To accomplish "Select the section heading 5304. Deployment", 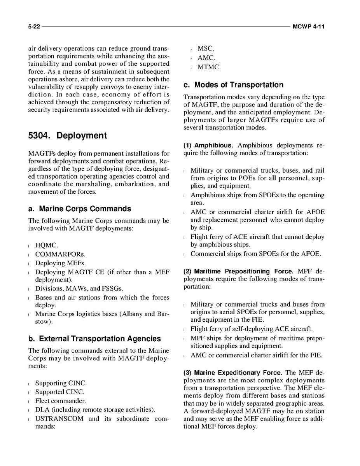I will coord(67,136).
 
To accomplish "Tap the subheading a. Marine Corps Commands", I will coord(80,209).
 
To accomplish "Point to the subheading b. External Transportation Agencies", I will coord(94,339).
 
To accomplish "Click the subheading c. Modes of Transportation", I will coord(233,85).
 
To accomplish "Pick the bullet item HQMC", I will coord(47,245).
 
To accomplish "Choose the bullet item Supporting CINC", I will coord(61,383).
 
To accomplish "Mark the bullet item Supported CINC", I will coord(59,392).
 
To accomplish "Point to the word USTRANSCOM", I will coord(59,419).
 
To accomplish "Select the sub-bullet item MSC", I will coord(206,49).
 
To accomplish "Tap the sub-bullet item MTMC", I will coord(209,67).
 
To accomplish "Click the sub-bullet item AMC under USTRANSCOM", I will coord(206,58).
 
